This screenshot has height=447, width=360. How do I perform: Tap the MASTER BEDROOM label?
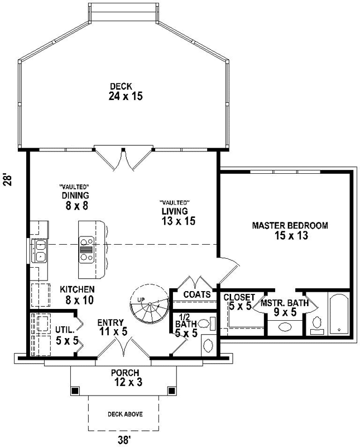pyautogui.click(x=290, y=231)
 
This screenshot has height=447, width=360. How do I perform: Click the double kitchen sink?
pyautogui.click(x=40, y=251)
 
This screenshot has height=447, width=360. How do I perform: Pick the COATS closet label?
pyautogui.click(x=196, y=294)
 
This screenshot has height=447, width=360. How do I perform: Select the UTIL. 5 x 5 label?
pyautogui.click(x=66, y=334)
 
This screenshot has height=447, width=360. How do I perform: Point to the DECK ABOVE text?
pyautogui.click(x=124, y=414)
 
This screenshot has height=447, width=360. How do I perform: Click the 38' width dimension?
pyautogui.click(x=124, y=439)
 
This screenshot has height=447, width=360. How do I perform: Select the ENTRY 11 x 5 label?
pyautogui.click(x=112, y=327)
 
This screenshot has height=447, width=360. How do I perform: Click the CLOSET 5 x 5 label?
pyautogui.click(x=241, y=302)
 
